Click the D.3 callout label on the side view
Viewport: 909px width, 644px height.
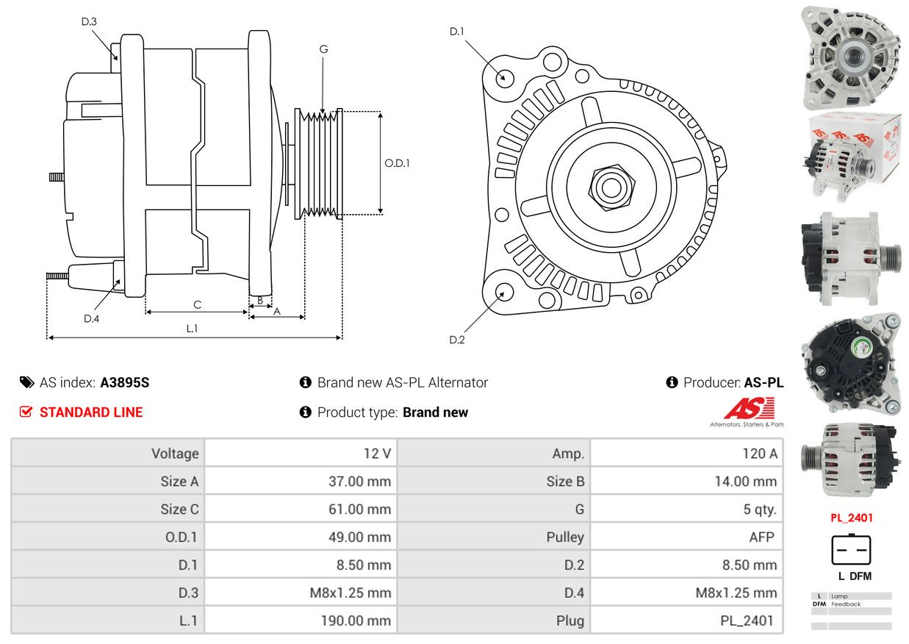89,21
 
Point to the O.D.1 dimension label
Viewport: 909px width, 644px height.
397,163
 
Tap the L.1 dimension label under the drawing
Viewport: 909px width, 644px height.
192,328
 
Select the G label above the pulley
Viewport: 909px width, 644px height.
323,49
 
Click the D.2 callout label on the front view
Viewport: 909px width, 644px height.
456,340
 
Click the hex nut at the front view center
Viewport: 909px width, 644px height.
611,187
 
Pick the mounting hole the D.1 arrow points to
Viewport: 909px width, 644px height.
505,78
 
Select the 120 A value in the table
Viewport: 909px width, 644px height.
759,453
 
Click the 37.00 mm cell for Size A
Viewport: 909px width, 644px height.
359,482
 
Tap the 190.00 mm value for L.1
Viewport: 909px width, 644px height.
356,620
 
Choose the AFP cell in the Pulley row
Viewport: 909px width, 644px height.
761,537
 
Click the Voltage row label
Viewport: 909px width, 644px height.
175,453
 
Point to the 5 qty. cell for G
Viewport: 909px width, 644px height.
759,509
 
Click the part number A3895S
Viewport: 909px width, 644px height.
125,382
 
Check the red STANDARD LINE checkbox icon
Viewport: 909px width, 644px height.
26,412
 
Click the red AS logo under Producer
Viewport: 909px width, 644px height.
749,408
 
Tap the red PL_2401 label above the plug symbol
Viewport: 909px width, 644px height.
851,518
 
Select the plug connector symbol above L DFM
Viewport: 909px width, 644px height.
851,550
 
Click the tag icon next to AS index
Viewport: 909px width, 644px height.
26,382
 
